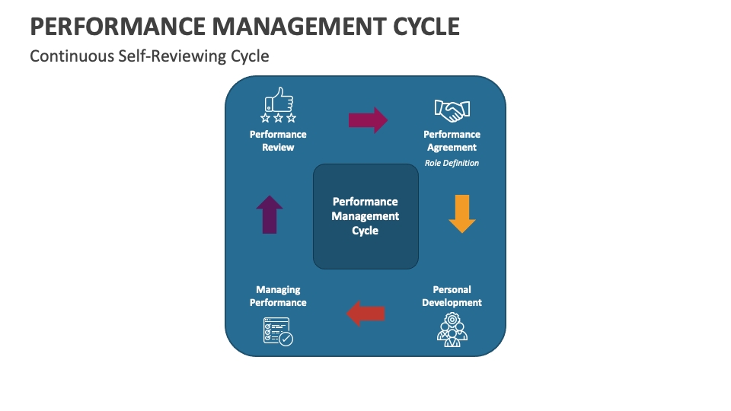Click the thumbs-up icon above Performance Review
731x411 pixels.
(x=279, y=100)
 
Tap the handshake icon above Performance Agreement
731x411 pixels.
(x=452, y=110)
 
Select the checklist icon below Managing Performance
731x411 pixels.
(x=278, y=331)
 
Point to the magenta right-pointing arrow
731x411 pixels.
(x=369, y=120)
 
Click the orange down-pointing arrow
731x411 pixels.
(x=462, y=213)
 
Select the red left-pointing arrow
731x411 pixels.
(x=366, y=313)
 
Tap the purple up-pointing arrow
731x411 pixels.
(x=270, y=214)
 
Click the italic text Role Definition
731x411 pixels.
(x=452, y=163)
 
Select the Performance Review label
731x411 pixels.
(x=279, y=141)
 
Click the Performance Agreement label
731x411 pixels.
(x=452, y=141)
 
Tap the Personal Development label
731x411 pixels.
(x=452, y=296)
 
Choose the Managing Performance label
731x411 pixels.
(x=279, y=296)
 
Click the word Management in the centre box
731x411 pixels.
(x=365, y=216)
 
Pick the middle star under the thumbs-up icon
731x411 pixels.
(x=279, y=118)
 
